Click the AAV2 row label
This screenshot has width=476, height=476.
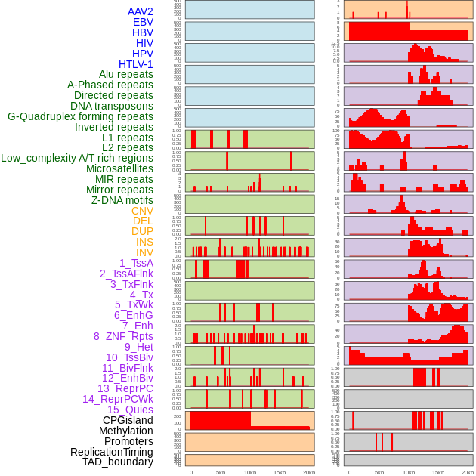point(141,11)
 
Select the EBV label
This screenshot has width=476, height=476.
point(143,22)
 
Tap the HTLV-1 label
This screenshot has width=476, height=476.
point(136,64)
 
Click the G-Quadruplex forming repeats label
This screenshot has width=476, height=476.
point(80,116)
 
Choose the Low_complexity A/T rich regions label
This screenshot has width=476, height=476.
point(77,158)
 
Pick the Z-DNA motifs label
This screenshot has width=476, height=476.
point(122,200)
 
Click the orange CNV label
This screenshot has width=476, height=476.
point(142,211)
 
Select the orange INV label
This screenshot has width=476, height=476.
point(144,252)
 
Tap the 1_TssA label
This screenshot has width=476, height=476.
point(136,263)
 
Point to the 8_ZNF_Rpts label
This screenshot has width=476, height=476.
point(123,336)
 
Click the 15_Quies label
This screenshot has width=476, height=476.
point(130,410)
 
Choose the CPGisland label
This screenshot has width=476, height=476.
point(128,420)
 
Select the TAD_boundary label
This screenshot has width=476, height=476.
point(118,462)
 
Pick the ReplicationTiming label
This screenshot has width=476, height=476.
point(112,452)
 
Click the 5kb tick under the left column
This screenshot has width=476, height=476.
point(221,472)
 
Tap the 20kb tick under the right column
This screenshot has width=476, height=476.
point(468,472)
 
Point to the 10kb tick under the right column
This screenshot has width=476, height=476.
point(409,472)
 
